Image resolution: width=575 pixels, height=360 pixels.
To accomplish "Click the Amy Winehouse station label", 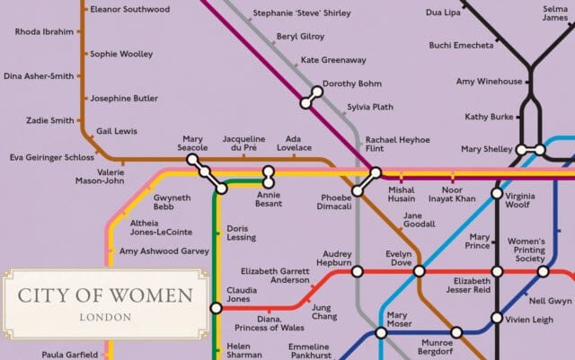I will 488,82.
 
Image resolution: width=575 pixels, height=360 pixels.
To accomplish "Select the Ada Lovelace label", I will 292,144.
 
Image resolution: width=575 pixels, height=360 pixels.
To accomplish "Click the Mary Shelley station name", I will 485,149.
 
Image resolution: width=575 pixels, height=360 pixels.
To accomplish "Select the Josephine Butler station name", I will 124,98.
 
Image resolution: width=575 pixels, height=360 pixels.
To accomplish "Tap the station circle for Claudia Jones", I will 216,308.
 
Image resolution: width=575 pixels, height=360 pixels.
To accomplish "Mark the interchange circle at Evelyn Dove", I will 418,271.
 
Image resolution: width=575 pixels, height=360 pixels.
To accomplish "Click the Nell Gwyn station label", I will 550,300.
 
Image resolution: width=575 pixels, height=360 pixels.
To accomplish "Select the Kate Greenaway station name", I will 333,60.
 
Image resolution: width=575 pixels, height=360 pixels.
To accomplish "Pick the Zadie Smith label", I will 50,120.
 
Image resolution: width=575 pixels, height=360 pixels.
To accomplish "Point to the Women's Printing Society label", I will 526,250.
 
